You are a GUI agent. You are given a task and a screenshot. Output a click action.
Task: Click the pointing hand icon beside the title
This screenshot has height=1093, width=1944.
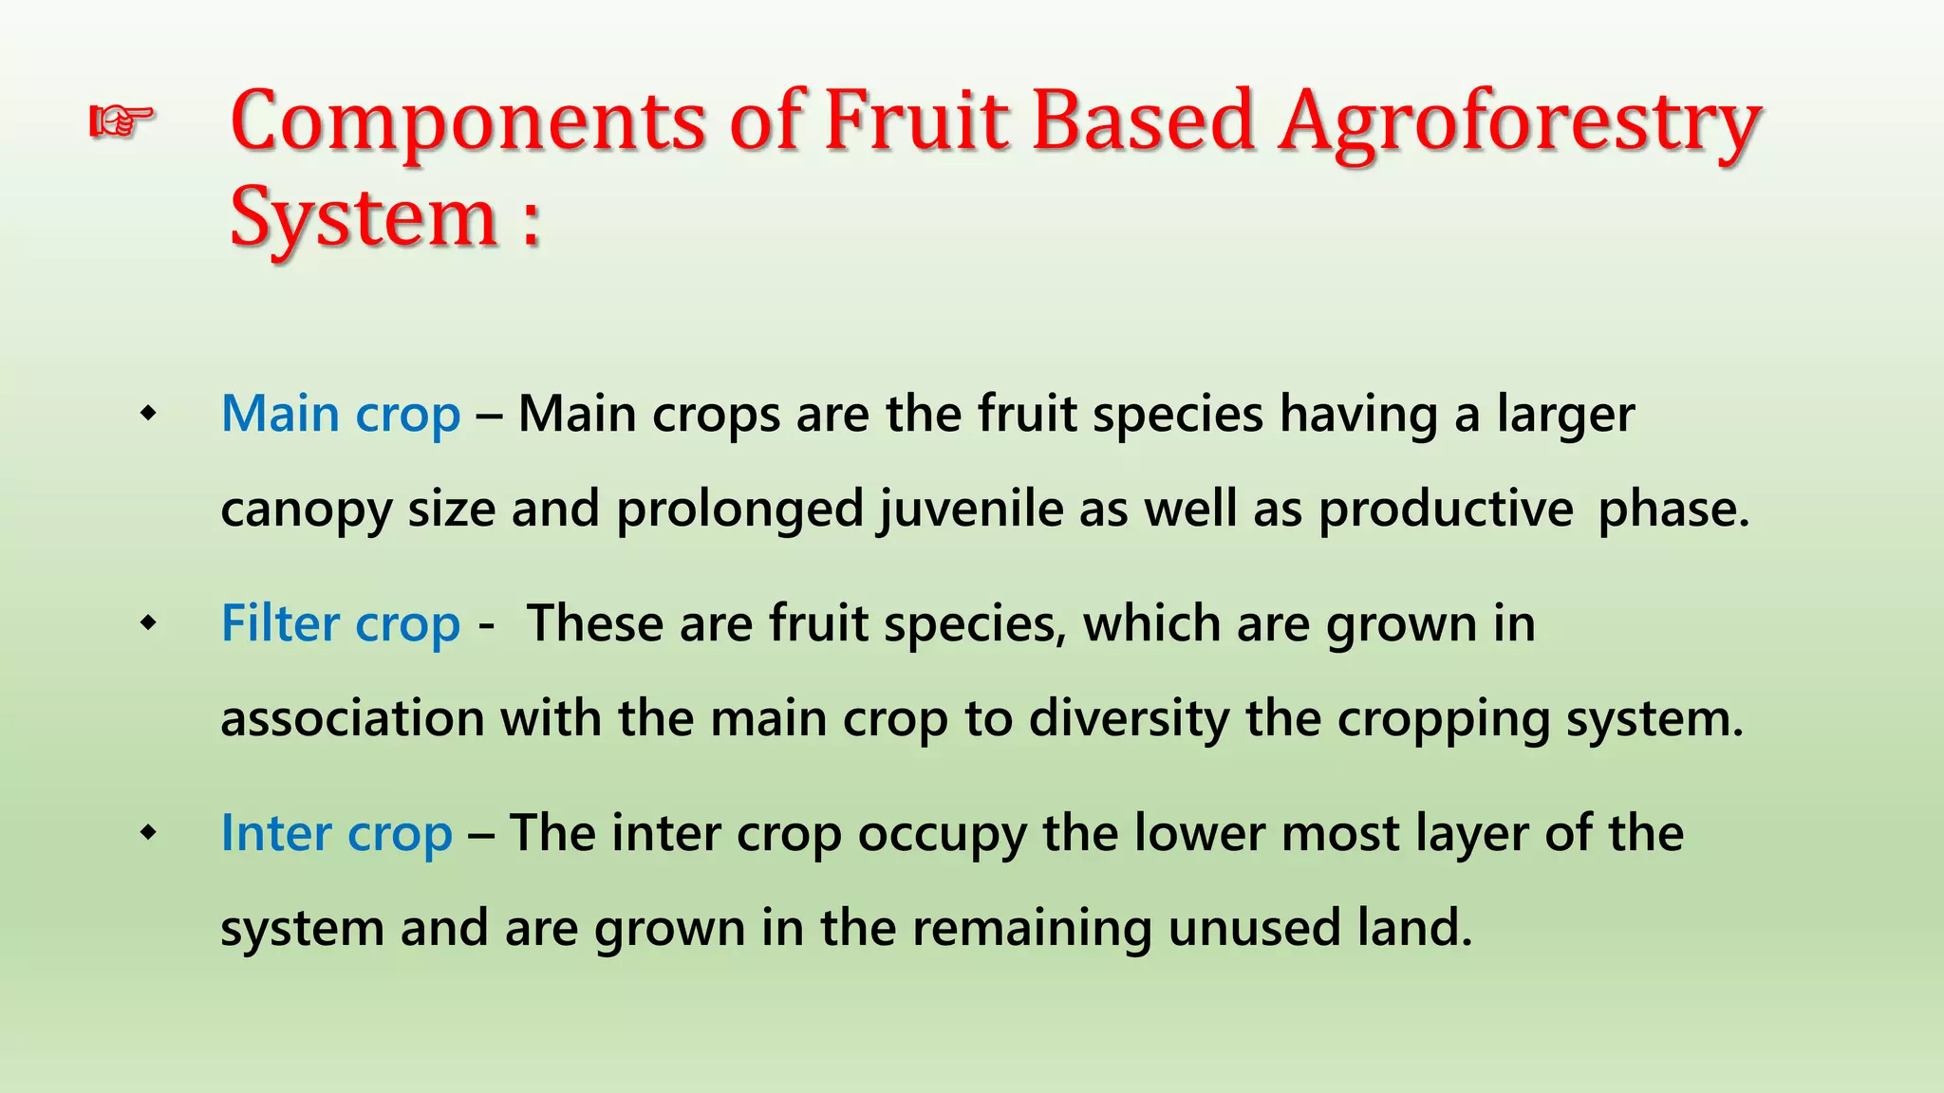point(121,121)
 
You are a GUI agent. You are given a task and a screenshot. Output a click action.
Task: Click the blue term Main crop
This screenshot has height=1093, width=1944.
point(341,415)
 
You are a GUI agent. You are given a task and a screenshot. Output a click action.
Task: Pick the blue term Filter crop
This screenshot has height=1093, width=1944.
point(341,624)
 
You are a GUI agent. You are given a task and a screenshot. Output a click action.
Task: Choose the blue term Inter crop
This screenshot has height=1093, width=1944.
point(336,834)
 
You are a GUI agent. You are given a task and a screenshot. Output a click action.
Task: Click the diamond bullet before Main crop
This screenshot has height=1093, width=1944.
point(148,414)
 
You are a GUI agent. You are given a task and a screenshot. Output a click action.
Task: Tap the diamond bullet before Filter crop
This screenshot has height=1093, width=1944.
point(148,623)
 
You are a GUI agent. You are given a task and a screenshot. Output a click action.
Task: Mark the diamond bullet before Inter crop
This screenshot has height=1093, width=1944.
point(148,833)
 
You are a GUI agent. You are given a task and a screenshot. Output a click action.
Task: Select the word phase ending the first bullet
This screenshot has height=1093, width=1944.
point(1672,509)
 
